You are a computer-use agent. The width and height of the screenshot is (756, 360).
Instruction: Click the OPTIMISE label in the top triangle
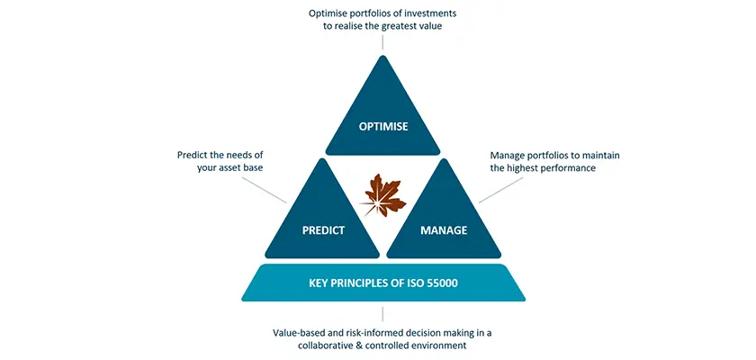coord(383,127)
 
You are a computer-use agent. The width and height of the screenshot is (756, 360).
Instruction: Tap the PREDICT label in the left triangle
coord(323,230)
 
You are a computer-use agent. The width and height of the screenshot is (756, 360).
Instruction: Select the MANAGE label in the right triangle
coord(444,230)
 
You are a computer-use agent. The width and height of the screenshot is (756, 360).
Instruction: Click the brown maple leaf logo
coord(383,195)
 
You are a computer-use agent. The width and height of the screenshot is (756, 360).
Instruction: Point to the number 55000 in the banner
coord(442,283)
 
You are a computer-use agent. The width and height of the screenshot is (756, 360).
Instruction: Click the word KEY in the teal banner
coord(318,283)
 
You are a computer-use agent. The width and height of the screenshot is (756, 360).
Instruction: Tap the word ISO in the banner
coord(413,283)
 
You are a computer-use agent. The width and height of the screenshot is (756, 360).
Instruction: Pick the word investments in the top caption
coord(431,13)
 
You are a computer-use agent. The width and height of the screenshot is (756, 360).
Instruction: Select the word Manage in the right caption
coord(505,155)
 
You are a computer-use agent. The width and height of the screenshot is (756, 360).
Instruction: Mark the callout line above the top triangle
coord(382,42)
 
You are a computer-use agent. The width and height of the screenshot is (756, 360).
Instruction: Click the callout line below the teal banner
coord(382,314)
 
